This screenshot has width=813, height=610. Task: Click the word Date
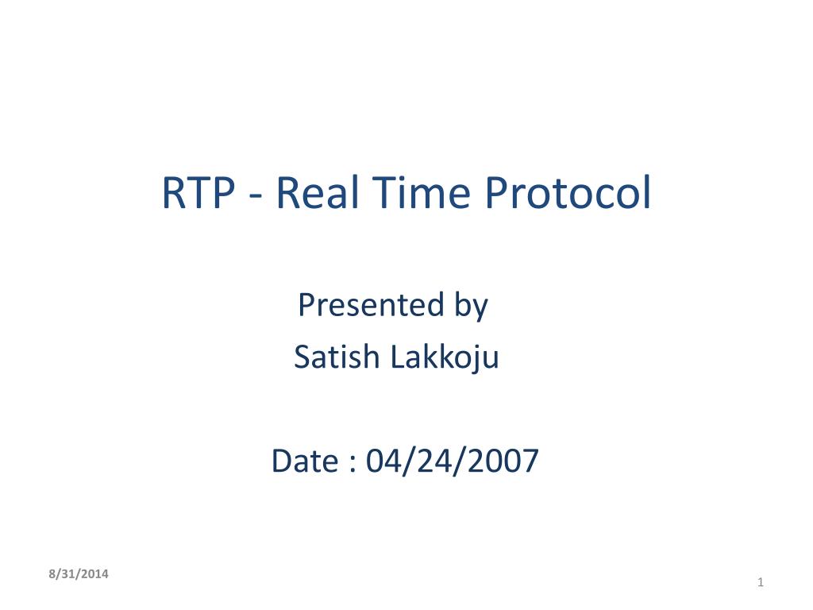pos(303,461)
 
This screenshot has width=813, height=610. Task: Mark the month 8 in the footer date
pos(51,573)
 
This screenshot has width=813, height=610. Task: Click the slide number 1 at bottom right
pos(760,584)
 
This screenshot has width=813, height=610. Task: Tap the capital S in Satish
pos(302,358)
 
